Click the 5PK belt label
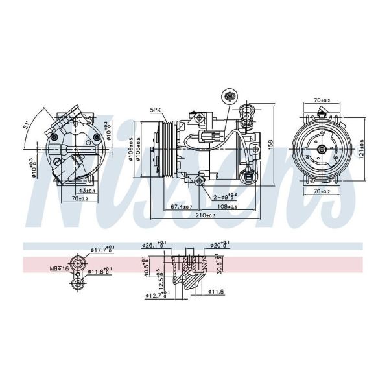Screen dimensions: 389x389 pos(156,111)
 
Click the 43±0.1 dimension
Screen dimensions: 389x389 pos(87,191)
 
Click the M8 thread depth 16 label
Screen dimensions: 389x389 pos(60,267)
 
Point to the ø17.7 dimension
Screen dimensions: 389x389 pos(102,248)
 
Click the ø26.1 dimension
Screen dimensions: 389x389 pos(154,245)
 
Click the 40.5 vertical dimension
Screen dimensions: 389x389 pos(146,267)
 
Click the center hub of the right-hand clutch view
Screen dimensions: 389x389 pos(322,150)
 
